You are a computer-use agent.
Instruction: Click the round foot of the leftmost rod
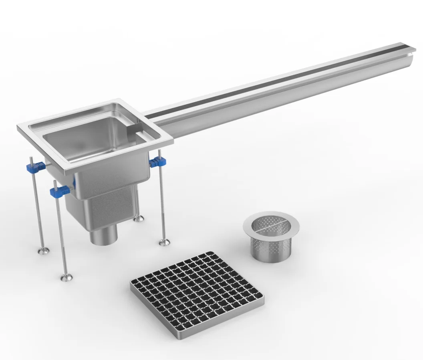coord(44,251)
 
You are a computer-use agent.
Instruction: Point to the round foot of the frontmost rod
coord(66,277)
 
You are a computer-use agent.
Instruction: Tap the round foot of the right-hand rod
coord(165,242)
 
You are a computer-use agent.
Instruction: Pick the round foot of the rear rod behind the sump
coord(139,219)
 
